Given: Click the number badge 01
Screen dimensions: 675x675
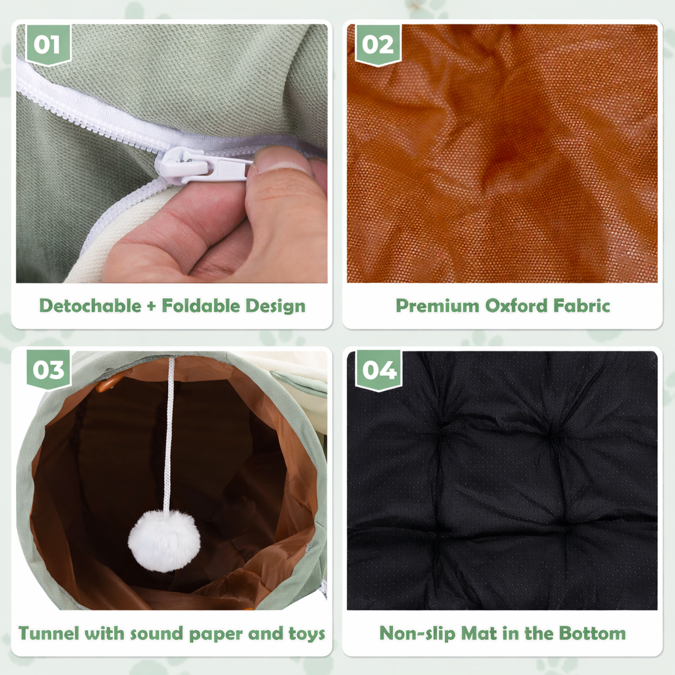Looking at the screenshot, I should [x=47, y=44].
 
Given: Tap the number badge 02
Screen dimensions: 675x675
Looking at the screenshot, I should [x=378, y=44].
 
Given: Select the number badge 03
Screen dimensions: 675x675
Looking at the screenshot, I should [x=48, y=370].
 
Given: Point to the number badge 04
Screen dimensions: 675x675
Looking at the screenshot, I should [x=378, y=370].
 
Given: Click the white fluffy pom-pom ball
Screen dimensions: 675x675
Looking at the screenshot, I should [x=163, y=541].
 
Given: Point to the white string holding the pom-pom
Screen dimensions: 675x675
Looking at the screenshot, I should [x=169, y=435].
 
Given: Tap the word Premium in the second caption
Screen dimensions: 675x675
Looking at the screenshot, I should [x=438, y=306].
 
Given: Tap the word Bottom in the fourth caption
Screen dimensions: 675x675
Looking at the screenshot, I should [x=592, y=634].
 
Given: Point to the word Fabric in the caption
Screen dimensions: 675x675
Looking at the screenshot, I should [x=581, y=306].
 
